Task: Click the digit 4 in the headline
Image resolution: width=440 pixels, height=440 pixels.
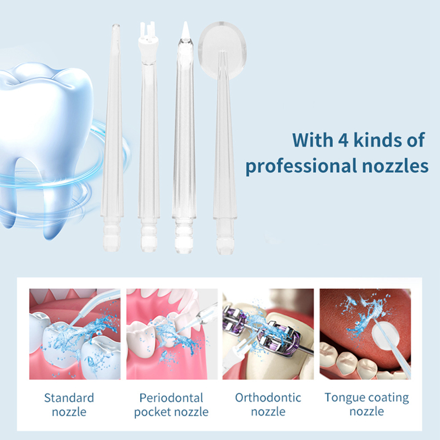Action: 343,140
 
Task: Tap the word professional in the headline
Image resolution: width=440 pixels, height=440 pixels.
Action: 301,166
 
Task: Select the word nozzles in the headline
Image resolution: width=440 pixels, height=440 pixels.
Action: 395,166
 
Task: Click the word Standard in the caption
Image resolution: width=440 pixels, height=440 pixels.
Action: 69,398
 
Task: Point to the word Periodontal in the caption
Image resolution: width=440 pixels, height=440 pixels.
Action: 171,398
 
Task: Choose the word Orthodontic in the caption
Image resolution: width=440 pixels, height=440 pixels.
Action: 268,398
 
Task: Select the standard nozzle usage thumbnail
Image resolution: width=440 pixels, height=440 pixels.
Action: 75,334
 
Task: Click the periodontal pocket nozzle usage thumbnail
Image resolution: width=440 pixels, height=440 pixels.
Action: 172,334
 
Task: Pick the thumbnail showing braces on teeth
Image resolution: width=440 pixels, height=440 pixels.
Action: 268,334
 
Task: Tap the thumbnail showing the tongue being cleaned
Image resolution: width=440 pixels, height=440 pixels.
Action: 365,334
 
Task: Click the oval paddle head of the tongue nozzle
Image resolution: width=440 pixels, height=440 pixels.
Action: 223,45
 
